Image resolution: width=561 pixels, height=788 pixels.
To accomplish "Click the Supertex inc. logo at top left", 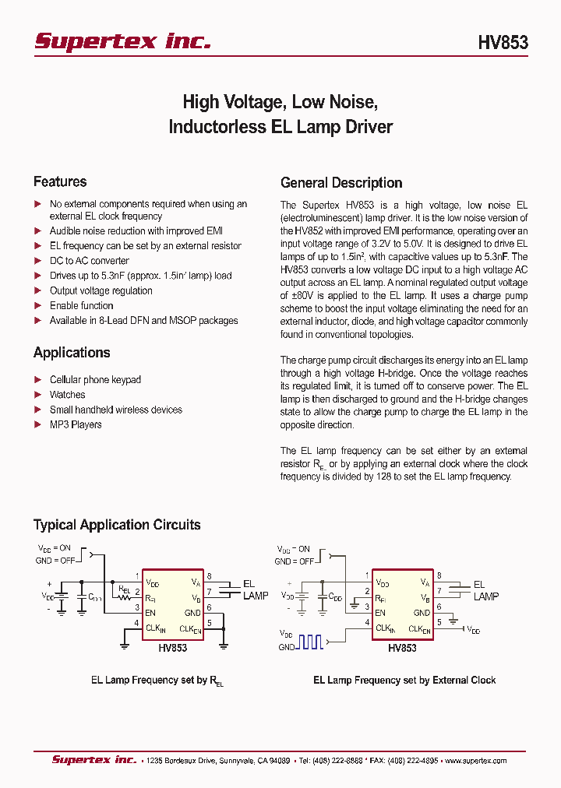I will pyautogui.click(x=122, y=41).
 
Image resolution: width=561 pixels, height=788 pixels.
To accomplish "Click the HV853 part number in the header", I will pyautogui.click(x=503, y=43).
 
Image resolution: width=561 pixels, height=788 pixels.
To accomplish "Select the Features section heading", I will pyautogui.click(x=60, y=181).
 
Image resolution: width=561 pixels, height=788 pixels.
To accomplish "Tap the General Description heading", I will pyautogui.click(x=341, y=183).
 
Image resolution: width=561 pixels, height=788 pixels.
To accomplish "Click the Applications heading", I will pyautogui.click(x=72, y=353).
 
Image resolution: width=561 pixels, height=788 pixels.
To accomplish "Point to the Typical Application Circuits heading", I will pyautogui.click(x=117, y=525).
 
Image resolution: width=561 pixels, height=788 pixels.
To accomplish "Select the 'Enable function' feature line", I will pyautogui.click(x=81, y=305).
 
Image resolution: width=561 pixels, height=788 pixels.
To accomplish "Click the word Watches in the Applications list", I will pyautogui.click(x=67, y=395).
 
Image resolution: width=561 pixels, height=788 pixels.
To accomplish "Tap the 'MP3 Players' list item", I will pyautogui.click(x=76, y=424).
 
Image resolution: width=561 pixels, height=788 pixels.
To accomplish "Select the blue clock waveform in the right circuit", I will pyautogui.click(x=311, y=642).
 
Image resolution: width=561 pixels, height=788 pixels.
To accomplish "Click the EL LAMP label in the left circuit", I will pyautogui.click(x=255, y=589).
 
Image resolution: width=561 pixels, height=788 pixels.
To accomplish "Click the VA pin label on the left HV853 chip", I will pyautogui.click(x=195, y=582).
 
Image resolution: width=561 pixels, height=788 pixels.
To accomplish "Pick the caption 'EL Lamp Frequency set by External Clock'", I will pyautogui.click(x=404, y=680).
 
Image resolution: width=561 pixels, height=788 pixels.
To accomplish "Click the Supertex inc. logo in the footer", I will pyautogui.click(x=93, y=760).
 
